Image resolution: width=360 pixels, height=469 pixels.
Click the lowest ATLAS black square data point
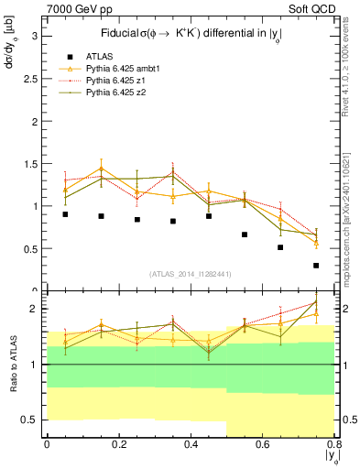pos(316,266)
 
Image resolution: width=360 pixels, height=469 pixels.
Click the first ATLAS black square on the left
pos(65,214)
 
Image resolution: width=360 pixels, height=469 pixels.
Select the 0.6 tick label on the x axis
pos(263,444)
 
